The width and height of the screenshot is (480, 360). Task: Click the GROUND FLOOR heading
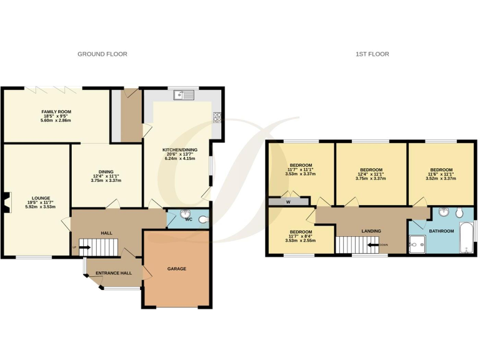102,54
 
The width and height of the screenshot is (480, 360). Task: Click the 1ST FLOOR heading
372,54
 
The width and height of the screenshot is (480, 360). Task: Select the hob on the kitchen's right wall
217,117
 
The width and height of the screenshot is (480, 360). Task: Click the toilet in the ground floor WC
201,219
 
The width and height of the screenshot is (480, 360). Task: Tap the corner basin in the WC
186,216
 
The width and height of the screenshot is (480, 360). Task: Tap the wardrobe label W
288,202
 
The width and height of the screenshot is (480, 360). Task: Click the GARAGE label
177,269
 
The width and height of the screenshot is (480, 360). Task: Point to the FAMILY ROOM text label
56,112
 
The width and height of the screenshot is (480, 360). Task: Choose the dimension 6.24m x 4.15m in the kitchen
180,159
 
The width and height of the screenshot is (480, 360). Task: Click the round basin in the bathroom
444,212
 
